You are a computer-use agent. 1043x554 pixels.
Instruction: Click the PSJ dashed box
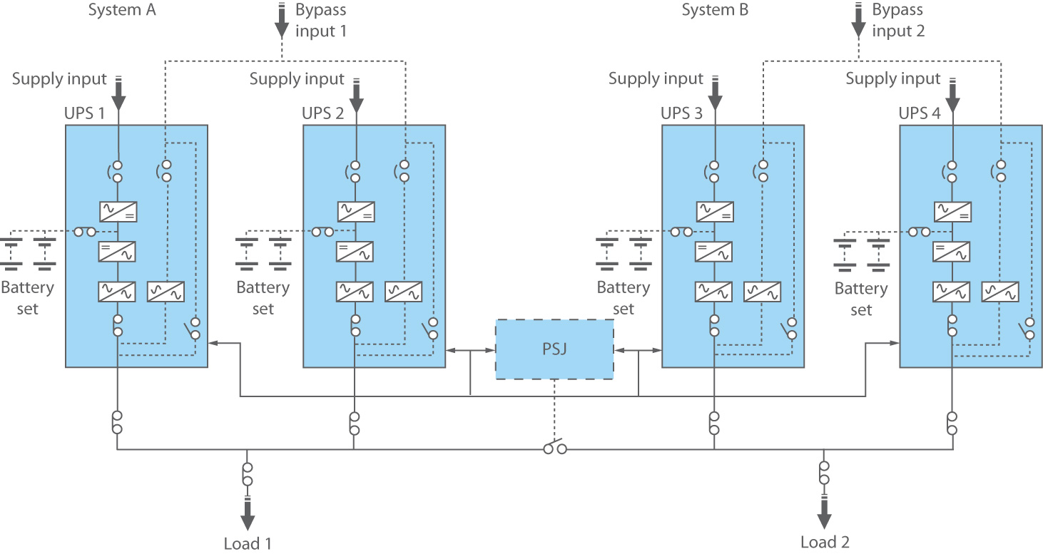click(x=554, y=349)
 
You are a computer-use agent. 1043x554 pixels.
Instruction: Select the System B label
click(x=715, y=10)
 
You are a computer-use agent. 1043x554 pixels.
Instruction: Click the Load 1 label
click(x=248, y=544)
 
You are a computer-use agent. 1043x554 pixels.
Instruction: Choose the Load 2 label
click(x=825, y=542)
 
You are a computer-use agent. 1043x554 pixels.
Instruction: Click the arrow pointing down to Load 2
click(x=825, y=511)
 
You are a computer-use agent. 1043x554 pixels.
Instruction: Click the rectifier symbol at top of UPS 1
click(x=118, y=212)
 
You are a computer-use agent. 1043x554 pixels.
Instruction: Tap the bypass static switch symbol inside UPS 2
click(x=403, y=291)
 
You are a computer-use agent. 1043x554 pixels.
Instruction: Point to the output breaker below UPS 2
click(x=355, y=423)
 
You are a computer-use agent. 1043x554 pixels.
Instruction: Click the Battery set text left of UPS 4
click(x=861, y=299)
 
